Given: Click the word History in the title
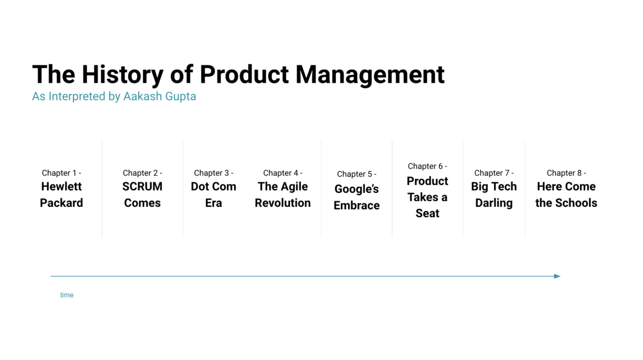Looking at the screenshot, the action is pos(123,74).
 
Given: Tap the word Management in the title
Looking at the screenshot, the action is pos(370,74).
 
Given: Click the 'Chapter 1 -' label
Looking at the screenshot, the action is pos(62,173).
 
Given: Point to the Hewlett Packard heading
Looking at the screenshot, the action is pos(62,194).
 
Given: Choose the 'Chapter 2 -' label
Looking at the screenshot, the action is pos(143,173).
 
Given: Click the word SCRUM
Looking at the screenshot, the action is pos(143,186).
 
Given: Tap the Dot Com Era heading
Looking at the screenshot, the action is pos(214,194).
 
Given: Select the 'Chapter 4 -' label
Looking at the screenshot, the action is pos(283,173).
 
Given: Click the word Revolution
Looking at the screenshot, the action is pos(283,203).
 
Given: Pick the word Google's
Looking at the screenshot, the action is pos(356,189).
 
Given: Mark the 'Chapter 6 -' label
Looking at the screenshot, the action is pos(428,166).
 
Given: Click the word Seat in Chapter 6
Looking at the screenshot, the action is pos(428,213).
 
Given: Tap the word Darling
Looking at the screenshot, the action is pos(494,203).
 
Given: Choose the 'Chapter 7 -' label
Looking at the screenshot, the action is pos(494,173).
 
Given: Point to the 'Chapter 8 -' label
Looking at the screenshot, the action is pos(566,173).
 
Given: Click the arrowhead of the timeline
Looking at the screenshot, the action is pos(557,276).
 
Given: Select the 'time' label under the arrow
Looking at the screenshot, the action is pos(67,295).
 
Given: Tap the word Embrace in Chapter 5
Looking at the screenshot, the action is pos(356,206).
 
